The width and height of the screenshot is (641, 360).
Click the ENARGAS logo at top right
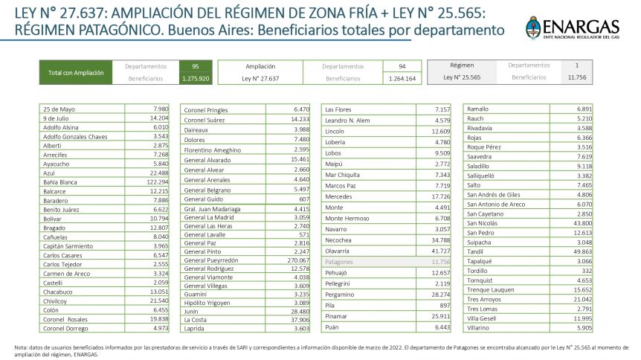pos(573,29)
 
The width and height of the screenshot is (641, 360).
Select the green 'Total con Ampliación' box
pos(76,72)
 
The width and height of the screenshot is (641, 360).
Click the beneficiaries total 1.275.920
pos(196,77)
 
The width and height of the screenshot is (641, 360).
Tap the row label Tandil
pos(475,251)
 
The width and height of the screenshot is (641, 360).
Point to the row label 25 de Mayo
pos(59,109)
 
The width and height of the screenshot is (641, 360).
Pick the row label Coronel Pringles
pos(205,109)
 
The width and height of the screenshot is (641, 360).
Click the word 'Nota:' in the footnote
pos(22,347)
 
